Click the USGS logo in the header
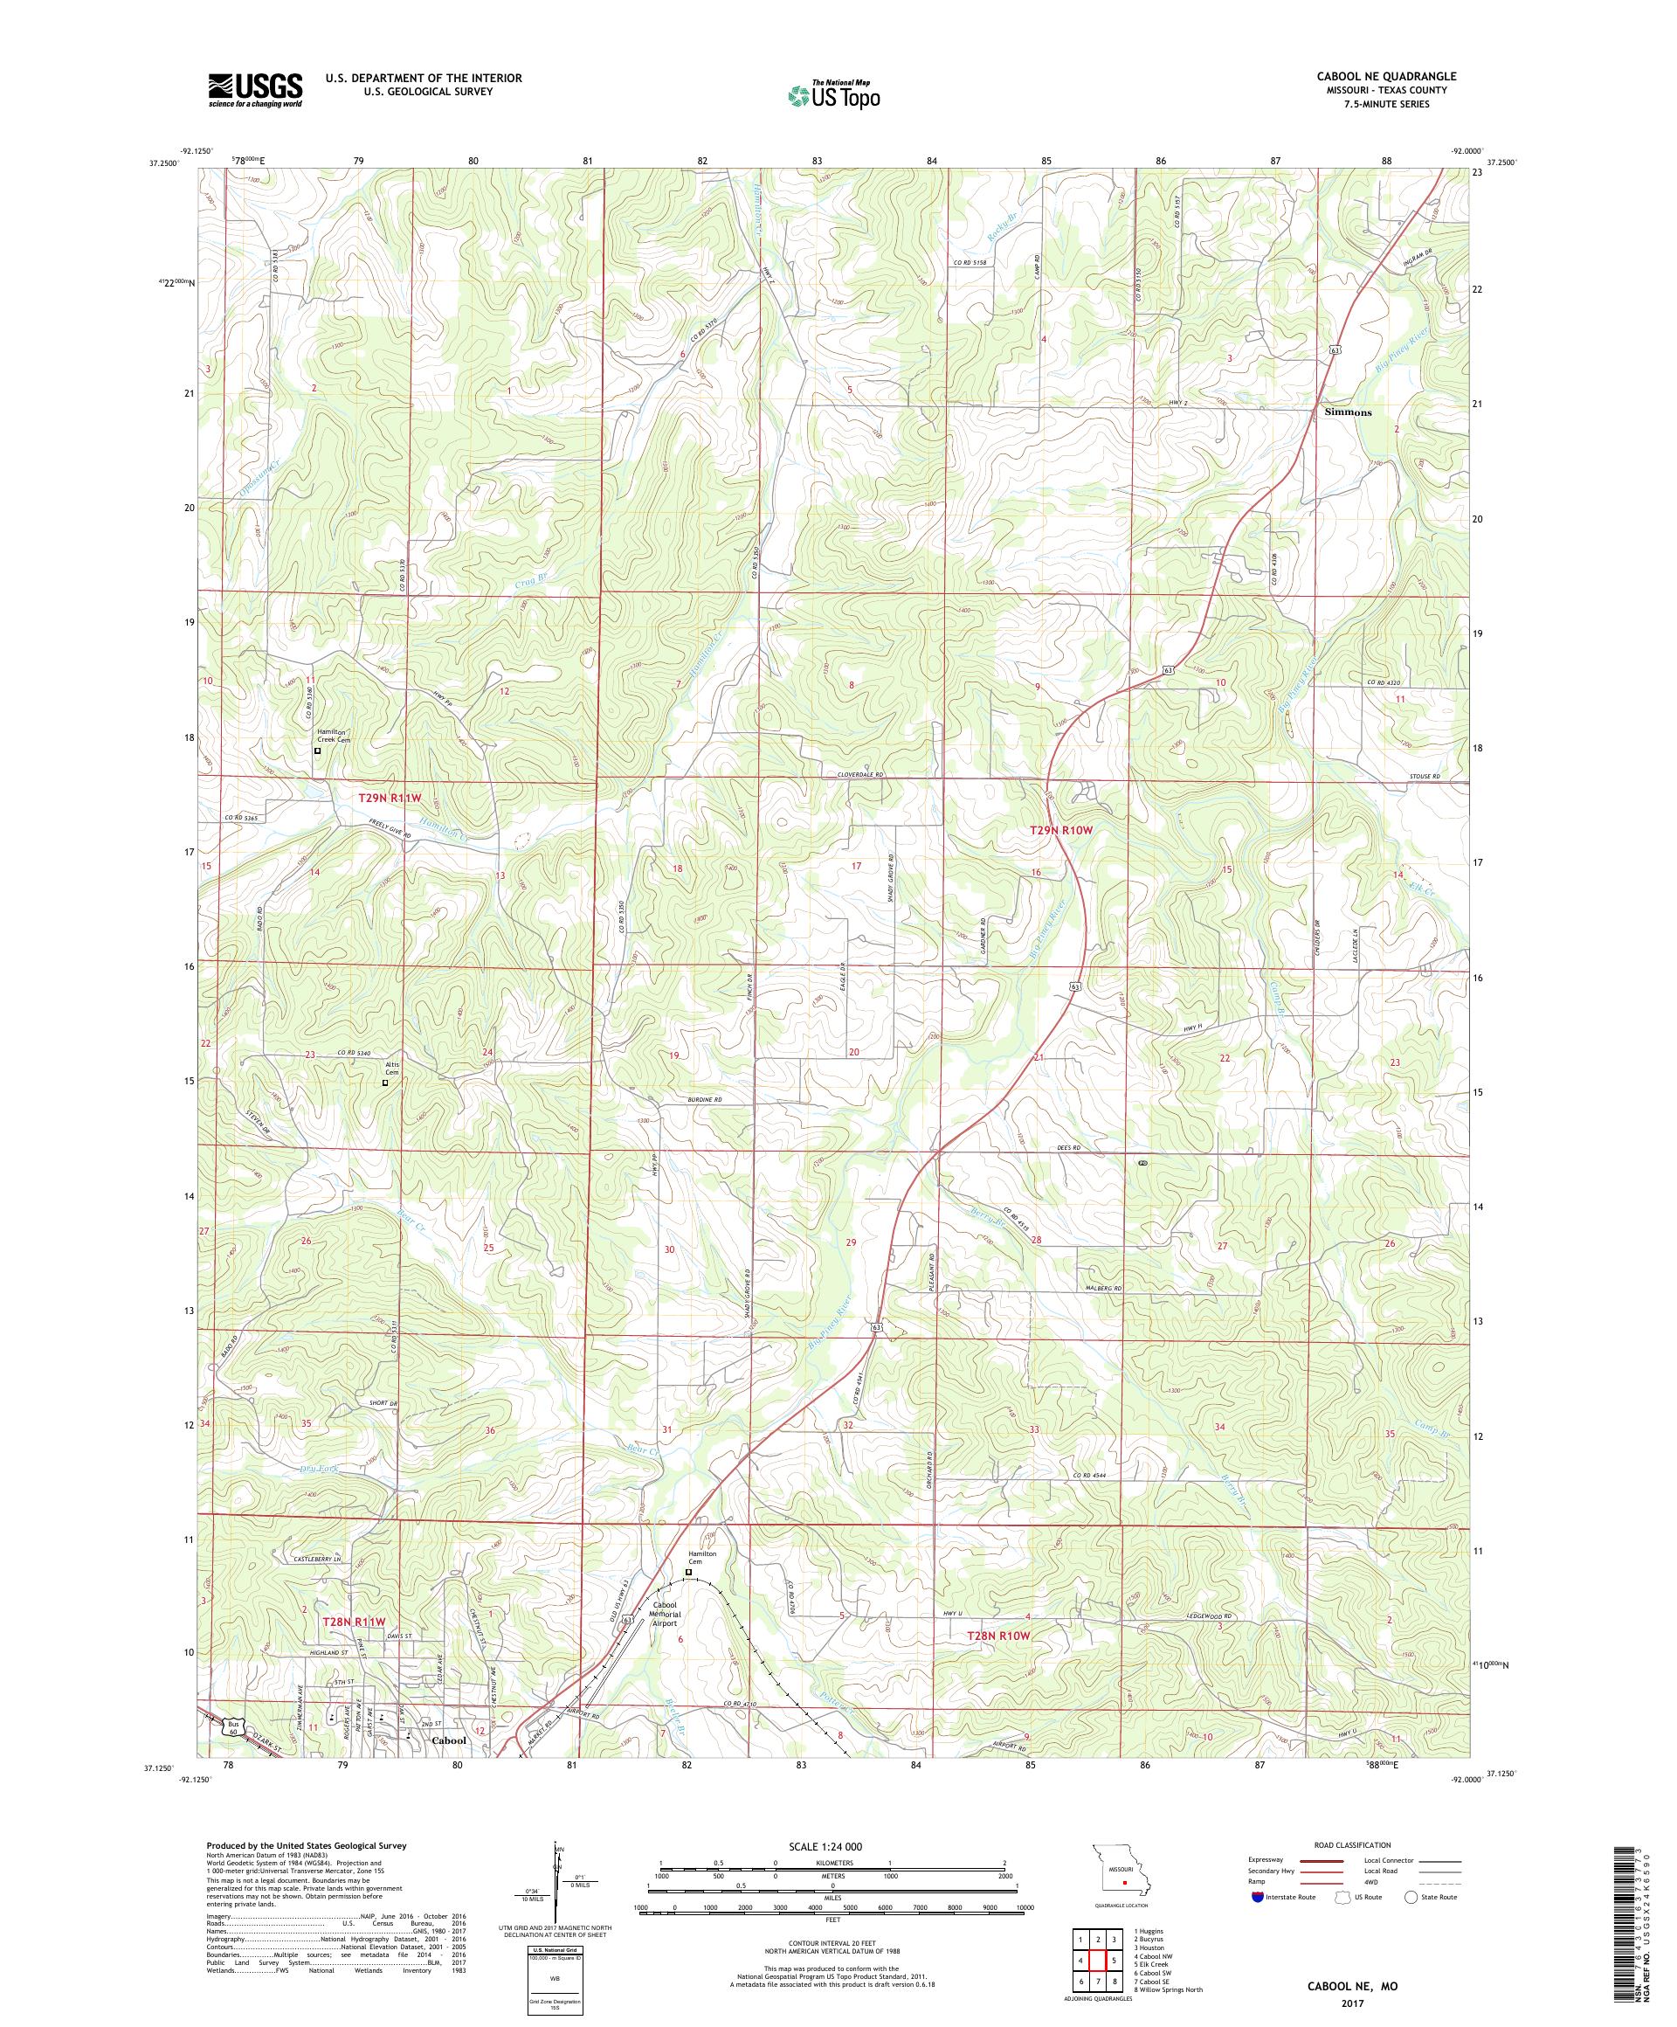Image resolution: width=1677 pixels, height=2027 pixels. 255,91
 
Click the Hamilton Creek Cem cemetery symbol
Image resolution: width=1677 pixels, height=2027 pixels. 317,750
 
